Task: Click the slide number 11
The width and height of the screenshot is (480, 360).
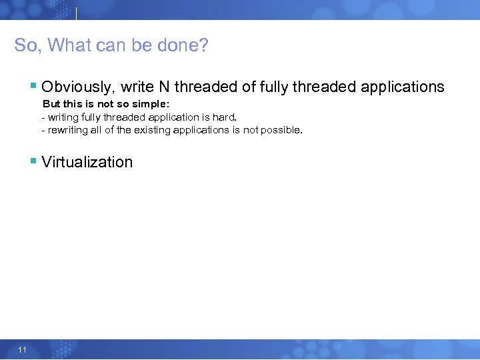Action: point(23,349)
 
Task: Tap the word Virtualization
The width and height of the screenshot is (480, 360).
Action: point(87,162)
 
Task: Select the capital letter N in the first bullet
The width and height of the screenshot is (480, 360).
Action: point(164,87)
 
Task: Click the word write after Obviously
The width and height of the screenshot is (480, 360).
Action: point(137,87)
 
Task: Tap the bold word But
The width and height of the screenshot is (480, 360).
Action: point(51,104)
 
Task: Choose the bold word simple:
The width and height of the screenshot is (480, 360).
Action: point(151,104)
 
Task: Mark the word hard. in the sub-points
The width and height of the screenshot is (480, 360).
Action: point(225,117)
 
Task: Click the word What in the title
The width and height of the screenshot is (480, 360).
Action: point(68,45)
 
